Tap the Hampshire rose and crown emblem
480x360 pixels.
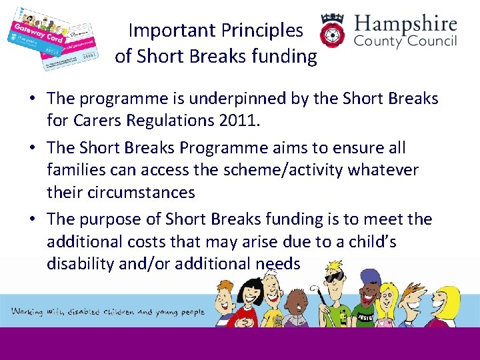[x=333, y=33]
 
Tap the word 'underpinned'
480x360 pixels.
[x=225, y=99]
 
